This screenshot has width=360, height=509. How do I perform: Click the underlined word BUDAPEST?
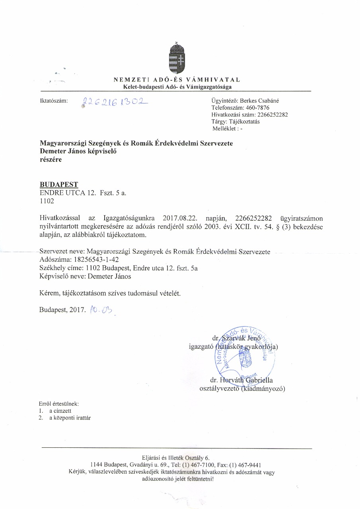coord(59,185)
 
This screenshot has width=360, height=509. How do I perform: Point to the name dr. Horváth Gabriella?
coord(244,380)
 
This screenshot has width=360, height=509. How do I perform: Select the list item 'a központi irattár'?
coord(70,418)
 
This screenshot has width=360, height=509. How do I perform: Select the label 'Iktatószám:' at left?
coord(54,101)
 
